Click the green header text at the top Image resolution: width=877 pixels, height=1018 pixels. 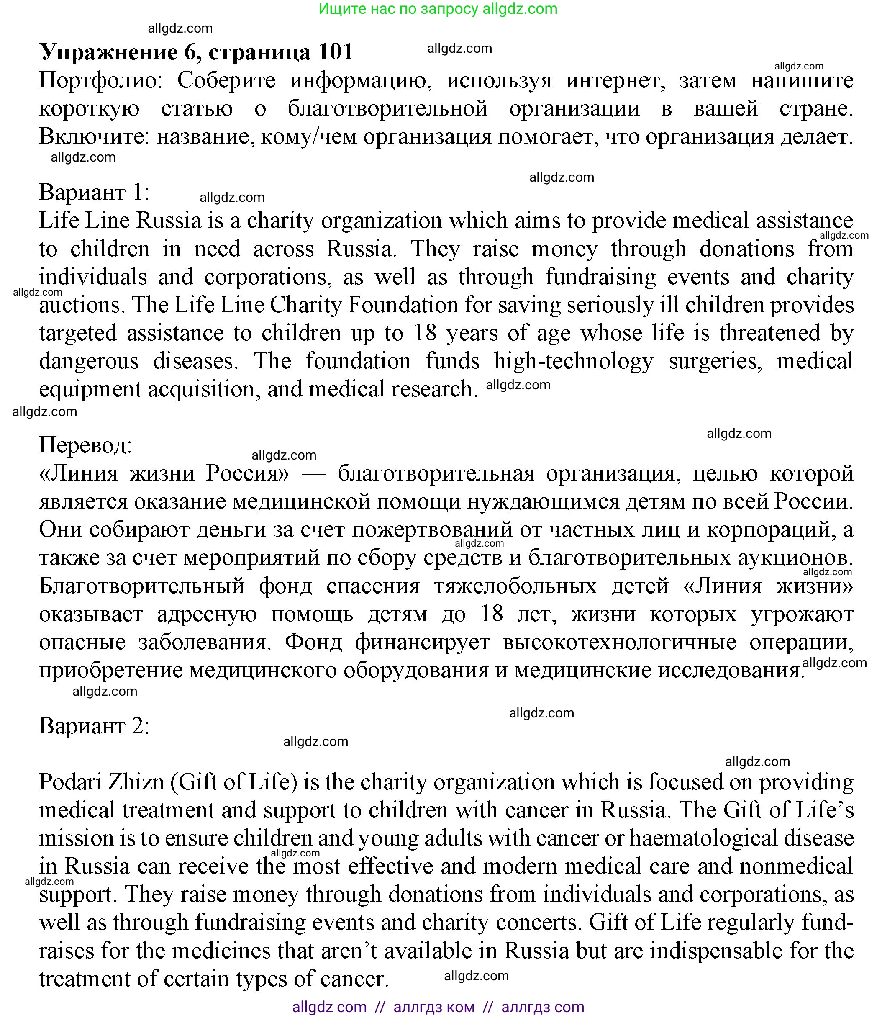pos(438,9)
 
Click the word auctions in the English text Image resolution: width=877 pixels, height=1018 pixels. pos(79,305)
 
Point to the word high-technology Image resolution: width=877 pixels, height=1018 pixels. pos(573,361)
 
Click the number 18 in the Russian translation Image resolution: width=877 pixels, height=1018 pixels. pos(492,614)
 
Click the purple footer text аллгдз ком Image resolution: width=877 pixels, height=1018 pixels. pos(433,1007)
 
